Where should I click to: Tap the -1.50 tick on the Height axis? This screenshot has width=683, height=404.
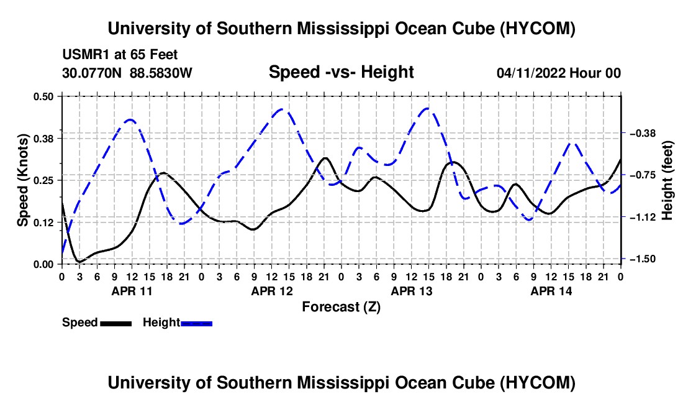click(643, 259)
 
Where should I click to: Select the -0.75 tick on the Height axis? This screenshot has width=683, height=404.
click(643, 175)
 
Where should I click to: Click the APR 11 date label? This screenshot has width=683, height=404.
click(132, 291)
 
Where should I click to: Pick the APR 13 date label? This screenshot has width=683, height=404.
click(412, 291)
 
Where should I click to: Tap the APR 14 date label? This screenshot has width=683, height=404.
click(551, 291)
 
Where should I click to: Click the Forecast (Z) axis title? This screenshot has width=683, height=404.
click(341, 307)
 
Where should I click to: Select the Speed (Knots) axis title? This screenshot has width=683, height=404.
click(22, 180)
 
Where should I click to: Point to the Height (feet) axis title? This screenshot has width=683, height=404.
click(667, 180)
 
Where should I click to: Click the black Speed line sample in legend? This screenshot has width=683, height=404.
click(116, 323)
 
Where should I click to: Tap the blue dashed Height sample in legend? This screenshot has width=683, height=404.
click(196, 323)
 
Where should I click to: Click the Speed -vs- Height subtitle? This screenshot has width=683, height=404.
click(341, 72)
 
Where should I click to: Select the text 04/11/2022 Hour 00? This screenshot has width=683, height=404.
click(558, 73)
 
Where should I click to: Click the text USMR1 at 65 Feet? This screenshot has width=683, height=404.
click(120, 55)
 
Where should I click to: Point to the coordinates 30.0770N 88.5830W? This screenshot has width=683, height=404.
click(127, 73)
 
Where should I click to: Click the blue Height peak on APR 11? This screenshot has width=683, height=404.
click(130, 119)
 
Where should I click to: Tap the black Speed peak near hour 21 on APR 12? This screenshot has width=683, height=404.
click(325, 158)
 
